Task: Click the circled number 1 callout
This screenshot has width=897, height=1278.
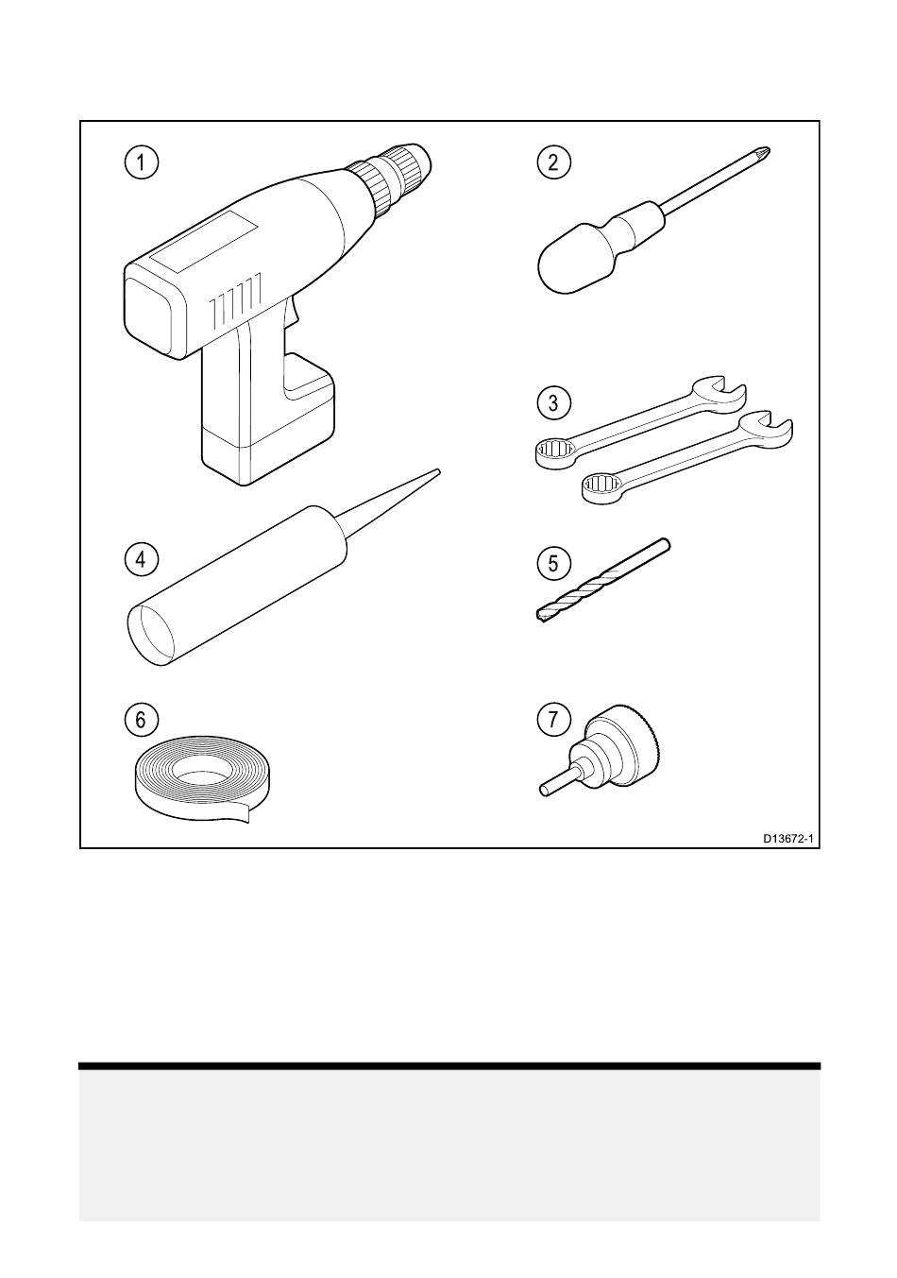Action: pyautogui.click(x=141, y=162)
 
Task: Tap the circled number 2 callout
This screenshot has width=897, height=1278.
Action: pyautogui.click(x=552, y=162)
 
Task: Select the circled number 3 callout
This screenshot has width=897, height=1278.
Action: pyautogui.click(x=552, y=402)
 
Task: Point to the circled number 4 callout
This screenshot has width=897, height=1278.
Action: pyautogui.click(x=141, y=559)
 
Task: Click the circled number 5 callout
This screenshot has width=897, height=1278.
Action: pyautogui.click(x=552, y=563)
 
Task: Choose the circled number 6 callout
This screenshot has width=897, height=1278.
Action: pyautogui.click(x=141, y=720)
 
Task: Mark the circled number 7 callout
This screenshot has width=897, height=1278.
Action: pyautogui.click(x=552, y=720)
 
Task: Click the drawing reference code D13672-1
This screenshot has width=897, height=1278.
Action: pyautogui.click(x=788, y=839)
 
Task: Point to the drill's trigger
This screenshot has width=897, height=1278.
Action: pyautogui.click(x=292, y=314)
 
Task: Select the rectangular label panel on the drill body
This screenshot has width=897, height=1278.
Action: pyautogui.click(x=204, y=241)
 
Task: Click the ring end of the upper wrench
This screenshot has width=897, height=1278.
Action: pyautogui.click(x=554, y=453)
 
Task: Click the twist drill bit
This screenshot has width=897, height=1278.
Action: pyautogui.click(x=603, y=580)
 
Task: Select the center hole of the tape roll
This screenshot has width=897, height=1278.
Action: pyautogui.click(x=201, y=774)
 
